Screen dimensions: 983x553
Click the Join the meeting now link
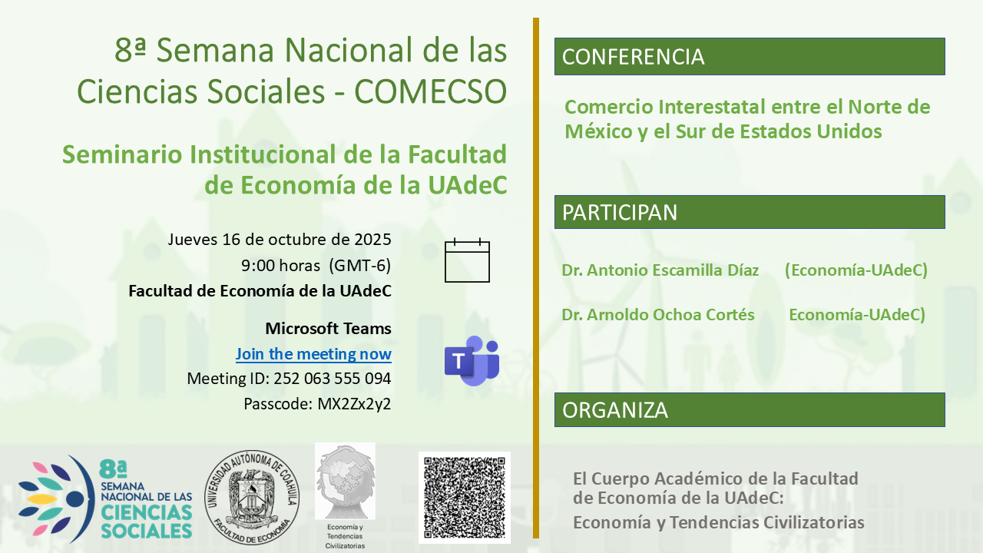[x=313, y=354]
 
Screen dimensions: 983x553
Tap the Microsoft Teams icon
[x=472, y=361]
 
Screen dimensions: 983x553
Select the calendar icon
[x=467, y=260]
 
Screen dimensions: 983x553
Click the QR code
[x=465, y=498]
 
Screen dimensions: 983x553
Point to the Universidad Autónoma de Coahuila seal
[x=252, y=497]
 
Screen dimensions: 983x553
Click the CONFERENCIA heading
[x=634, y=57]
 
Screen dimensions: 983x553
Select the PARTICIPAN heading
[x=620, y=213]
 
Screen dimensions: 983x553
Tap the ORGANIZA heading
[x=615, y=410]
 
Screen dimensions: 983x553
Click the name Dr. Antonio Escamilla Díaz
[x=660, y=270]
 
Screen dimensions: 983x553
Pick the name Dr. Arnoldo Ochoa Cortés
[x=658, y=315]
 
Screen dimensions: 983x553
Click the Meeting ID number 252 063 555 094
[x=333, y=379]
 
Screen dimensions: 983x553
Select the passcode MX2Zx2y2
[x=354, y=404]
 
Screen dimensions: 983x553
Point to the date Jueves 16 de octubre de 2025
[x=279, y=240]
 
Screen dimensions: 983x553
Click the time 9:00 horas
[x=280, y=266]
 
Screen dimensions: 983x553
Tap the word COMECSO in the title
[x=431, y=91]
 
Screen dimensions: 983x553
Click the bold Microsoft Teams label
[x=328, y=328]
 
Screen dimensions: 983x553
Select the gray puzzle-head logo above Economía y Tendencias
[x=345, y=481]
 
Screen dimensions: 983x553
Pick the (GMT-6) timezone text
[x=360, y=266]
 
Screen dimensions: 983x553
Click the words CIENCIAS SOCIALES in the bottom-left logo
[x=147, y=521]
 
